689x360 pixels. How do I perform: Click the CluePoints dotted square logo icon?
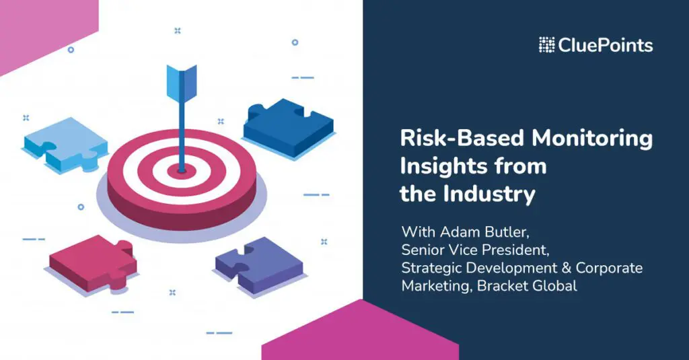coord(546,45)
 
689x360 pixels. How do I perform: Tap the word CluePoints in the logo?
coord(606,45)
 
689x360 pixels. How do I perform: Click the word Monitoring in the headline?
coord(592,139)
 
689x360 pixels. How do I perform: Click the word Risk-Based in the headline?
coord(462,138)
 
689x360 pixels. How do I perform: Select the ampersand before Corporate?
coord(566,268)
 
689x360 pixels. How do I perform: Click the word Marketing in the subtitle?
coord(437,286)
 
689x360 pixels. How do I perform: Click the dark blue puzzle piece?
coord(289,127)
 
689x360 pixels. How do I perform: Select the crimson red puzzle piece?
coord(93,263)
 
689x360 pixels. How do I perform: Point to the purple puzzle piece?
coord(259,265)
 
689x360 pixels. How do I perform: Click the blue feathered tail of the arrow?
coord(182,82)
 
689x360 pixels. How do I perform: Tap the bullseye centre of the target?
coord(182,170)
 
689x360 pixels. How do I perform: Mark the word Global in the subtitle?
coord(554,286)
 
